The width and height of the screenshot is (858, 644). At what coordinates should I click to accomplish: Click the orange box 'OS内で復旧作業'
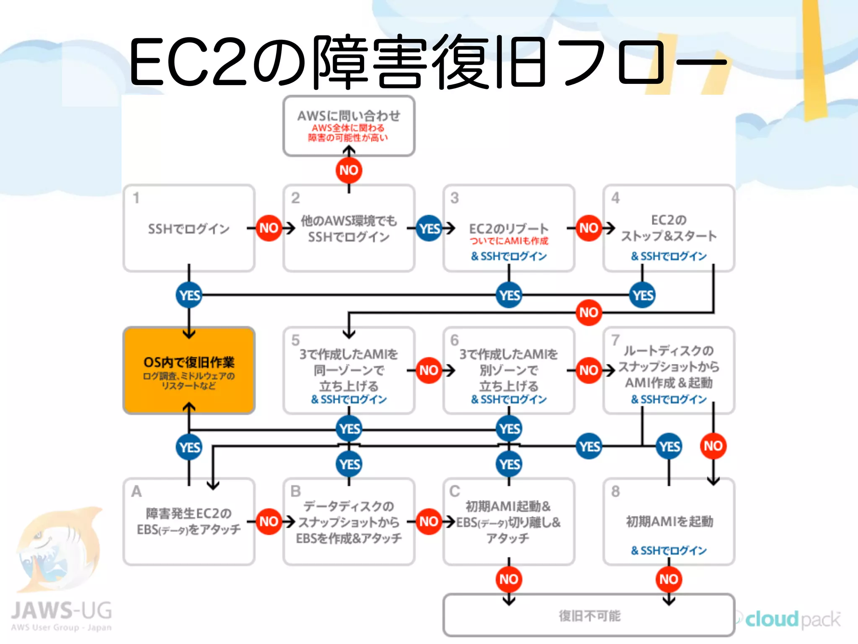189,370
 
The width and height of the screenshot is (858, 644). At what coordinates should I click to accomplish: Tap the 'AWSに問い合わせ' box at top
349,126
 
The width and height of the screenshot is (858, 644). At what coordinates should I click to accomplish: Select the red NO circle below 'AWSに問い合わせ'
349,170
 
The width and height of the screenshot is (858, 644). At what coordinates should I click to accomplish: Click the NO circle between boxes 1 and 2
269,228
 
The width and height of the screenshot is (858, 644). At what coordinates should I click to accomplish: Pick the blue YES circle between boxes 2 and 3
429,228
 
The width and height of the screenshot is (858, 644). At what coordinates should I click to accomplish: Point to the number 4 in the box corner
615,197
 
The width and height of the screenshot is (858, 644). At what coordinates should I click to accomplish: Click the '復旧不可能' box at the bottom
589,615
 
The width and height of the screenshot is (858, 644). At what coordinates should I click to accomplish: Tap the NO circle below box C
509,579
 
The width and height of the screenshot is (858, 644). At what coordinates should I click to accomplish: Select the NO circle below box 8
669,579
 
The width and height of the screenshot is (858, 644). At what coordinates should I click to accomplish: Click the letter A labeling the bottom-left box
136,491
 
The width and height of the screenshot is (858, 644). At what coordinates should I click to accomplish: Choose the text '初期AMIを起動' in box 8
669,521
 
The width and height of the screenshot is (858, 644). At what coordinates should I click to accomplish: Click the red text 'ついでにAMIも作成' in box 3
509,241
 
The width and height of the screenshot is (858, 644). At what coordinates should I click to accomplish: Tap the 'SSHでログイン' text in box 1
189,229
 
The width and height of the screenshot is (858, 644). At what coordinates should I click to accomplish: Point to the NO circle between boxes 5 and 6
429,370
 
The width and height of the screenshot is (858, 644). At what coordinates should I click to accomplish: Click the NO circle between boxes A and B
269,521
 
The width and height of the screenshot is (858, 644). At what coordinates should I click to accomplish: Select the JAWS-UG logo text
62,610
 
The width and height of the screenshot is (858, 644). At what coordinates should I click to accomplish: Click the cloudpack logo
792,619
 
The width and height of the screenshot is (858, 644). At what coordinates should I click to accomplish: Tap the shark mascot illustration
59,549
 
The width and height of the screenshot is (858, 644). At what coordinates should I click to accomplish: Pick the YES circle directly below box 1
189,295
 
